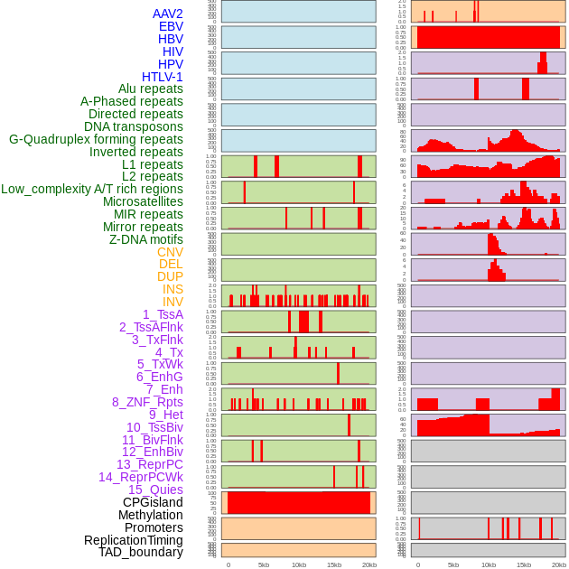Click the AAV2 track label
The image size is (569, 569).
coord(167,14)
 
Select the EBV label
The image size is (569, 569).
coord(171,26)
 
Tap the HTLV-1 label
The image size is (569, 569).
coord(163,77)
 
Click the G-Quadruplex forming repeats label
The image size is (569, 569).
coord(96,139)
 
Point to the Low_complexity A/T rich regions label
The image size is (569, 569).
coord(92,189)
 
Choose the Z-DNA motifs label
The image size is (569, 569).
coord(146,239)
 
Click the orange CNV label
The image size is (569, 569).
coord(170,252)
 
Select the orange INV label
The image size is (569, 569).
coord(173,302)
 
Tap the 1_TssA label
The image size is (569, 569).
coord(163,314)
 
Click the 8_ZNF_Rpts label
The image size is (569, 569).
coord(147,402)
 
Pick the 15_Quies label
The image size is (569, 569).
coord(155,490)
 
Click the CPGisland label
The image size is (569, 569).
coord(153,502)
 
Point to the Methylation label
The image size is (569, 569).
coord(150,515)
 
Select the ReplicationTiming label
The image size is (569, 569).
coord(134,540)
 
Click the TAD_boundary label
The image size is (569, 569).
coord(141,552)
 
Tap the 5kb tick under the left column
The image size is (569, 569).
coord(264,564)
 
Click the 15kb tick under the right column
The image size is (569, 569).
coord(524,564)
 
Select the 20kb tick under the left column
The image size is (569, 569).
coord(369,564)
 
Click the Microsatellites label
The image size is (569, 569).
coord(143,201)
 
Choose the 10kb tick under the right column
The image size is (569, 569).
coord(489,564)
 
